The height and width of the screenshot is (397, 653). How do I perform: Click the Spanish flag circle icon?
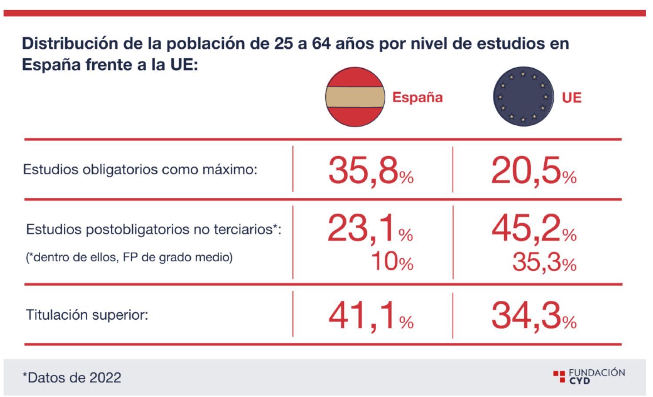click(355, 97)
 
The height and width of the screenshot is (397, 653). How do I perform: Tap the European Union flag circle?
click(523, 97)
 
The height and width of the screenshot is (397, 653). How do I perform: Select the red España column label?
click(417, 97)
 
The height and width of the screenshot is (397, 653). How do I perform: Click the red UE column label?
click(571, 97)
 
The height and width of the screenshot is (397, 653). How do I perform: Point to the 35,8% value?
click(370, 170)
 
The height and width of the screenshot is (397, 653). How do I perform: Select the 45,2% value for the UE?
click(534, 229)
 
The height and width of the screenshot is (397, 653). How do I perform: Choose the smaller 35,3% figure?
click(544, 262)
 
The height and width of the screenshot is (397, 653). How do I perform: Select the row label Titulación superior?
click(87, 314)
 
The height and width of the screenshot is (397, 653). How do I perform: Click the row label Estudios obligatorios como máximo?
click(140, 169)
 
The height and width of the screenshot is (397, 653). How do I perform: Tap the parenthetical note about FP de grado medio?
click(129, 257)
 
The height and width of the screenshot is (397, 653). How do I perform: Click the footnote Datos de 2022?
click(72, 377)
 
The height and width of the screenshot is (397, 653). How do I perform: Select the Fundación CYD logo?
click(589, 376)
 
